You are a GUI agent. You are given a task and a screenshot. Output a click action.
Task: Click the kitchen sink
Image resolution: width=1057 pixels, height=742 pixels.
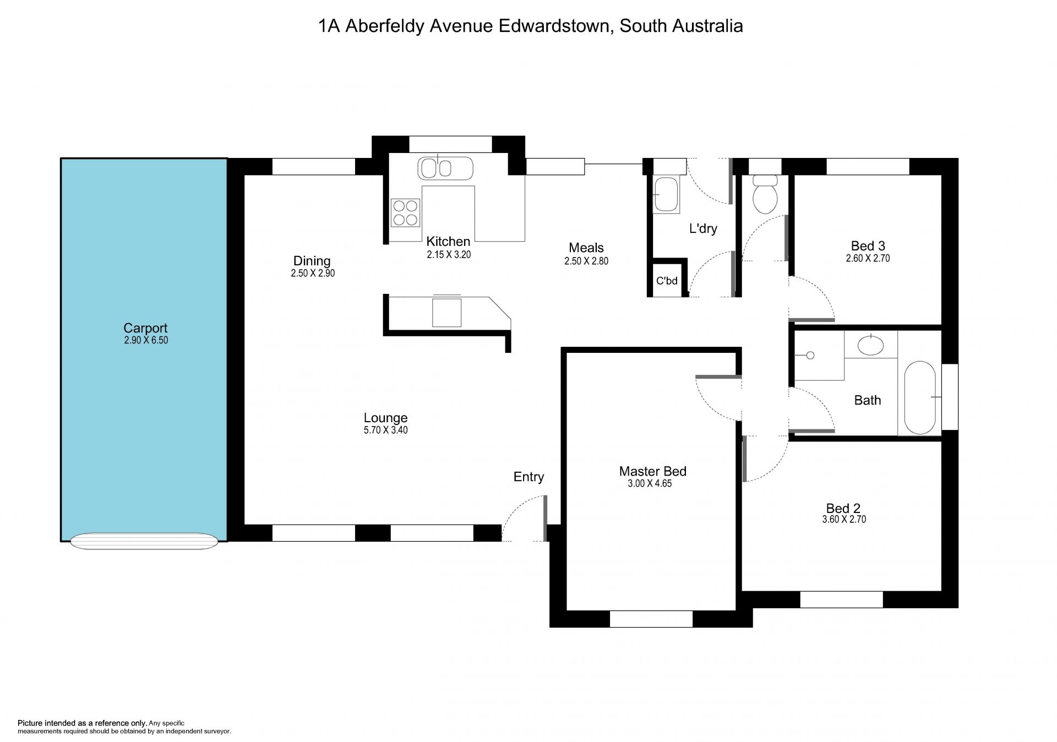click(x=445, y=168)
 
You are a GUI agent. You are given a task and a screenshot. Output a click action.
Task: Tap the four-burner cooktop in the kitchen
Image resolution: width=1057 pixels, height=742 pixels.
click(x=405, y=213)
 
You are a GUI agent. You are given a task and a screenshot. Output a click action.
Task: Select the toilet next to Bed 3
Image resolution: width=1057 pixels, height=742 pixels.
click(x=765, y=194)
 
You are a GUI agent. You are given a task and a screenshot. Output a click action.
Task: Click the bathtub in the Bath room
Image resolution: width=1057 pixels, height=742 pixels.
click(x=919, y=397)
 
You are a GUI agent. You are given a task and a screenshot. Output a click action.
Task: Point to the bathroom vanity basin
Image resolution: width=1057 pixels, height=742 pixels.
click(x=871, y=345)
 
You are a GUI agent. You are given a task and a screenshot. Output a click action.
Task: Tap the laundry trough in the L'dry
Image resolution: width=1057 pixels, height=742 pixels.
click(x=666, y=194)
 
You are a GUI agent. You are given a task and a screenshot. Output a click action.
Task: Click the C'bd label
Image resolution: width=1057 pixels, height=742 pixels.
click(x=667, y=281)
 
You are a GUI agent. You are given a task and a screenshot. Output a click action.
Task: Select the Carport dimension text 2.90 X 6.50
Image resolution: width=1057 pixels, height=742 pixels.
click(x=146, y=340)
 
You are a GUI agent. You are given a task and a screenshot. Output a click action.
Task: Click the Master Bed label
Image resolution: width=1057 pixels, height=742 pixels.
click(x=653, y=471)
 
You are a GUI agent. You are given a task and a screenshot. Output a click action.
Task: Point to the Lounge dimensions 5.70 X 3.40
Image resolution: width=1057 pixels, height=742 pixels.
click(x=385, y=430)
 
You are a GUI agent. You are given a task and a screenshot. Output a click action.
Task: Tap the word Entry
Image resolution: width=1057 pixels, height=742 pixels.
click(x=528, y=477)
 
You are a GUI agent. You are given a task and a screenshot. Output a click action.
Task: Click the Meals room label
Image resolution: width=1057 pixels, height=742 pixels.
click(x=586, y=248)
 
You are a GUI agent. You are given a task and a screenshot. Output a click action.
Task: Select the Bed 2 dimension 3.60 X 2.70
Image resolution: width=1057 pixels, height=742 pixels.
click(x=844, y=519)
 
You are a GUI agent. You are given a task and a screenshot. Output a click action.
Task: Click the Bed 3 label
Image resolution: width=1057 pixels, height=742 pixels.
click(x=868, y=246)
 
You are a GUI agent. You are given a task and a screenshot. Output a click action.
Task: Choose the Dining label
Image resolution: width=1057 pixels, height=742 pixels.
click(x=312, y=261)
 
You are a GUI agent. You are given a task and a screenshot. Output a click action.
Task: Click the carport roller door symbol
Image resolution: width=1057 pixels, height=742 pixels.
click(x=144, y=541)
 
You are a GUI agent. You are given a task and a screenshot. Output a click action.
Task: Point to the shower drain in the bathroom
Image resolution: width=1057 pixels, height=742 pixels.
click(x=810, y=356)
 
